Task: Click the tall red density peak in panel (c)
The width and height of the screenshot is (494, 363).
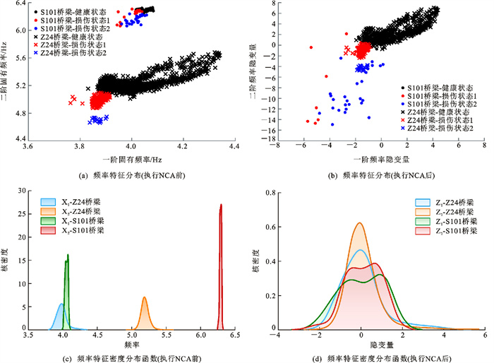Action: pyautogui.click(x=221, y=206)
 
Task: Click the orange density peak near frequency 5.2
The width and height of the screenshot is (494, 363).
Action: pyautogui.click(x=144, y=299)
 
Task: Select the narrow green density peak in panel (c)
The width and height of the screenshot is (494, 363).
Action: pyautogui.click(x=68, y=256)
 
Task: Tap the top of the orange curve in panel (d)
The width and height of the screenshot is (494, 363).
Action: pyautogui.click(x=361, y=224)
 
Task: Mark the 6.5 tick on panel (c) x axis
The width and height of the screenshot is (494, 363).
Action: pyautogui.click(x=234, y=336)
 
